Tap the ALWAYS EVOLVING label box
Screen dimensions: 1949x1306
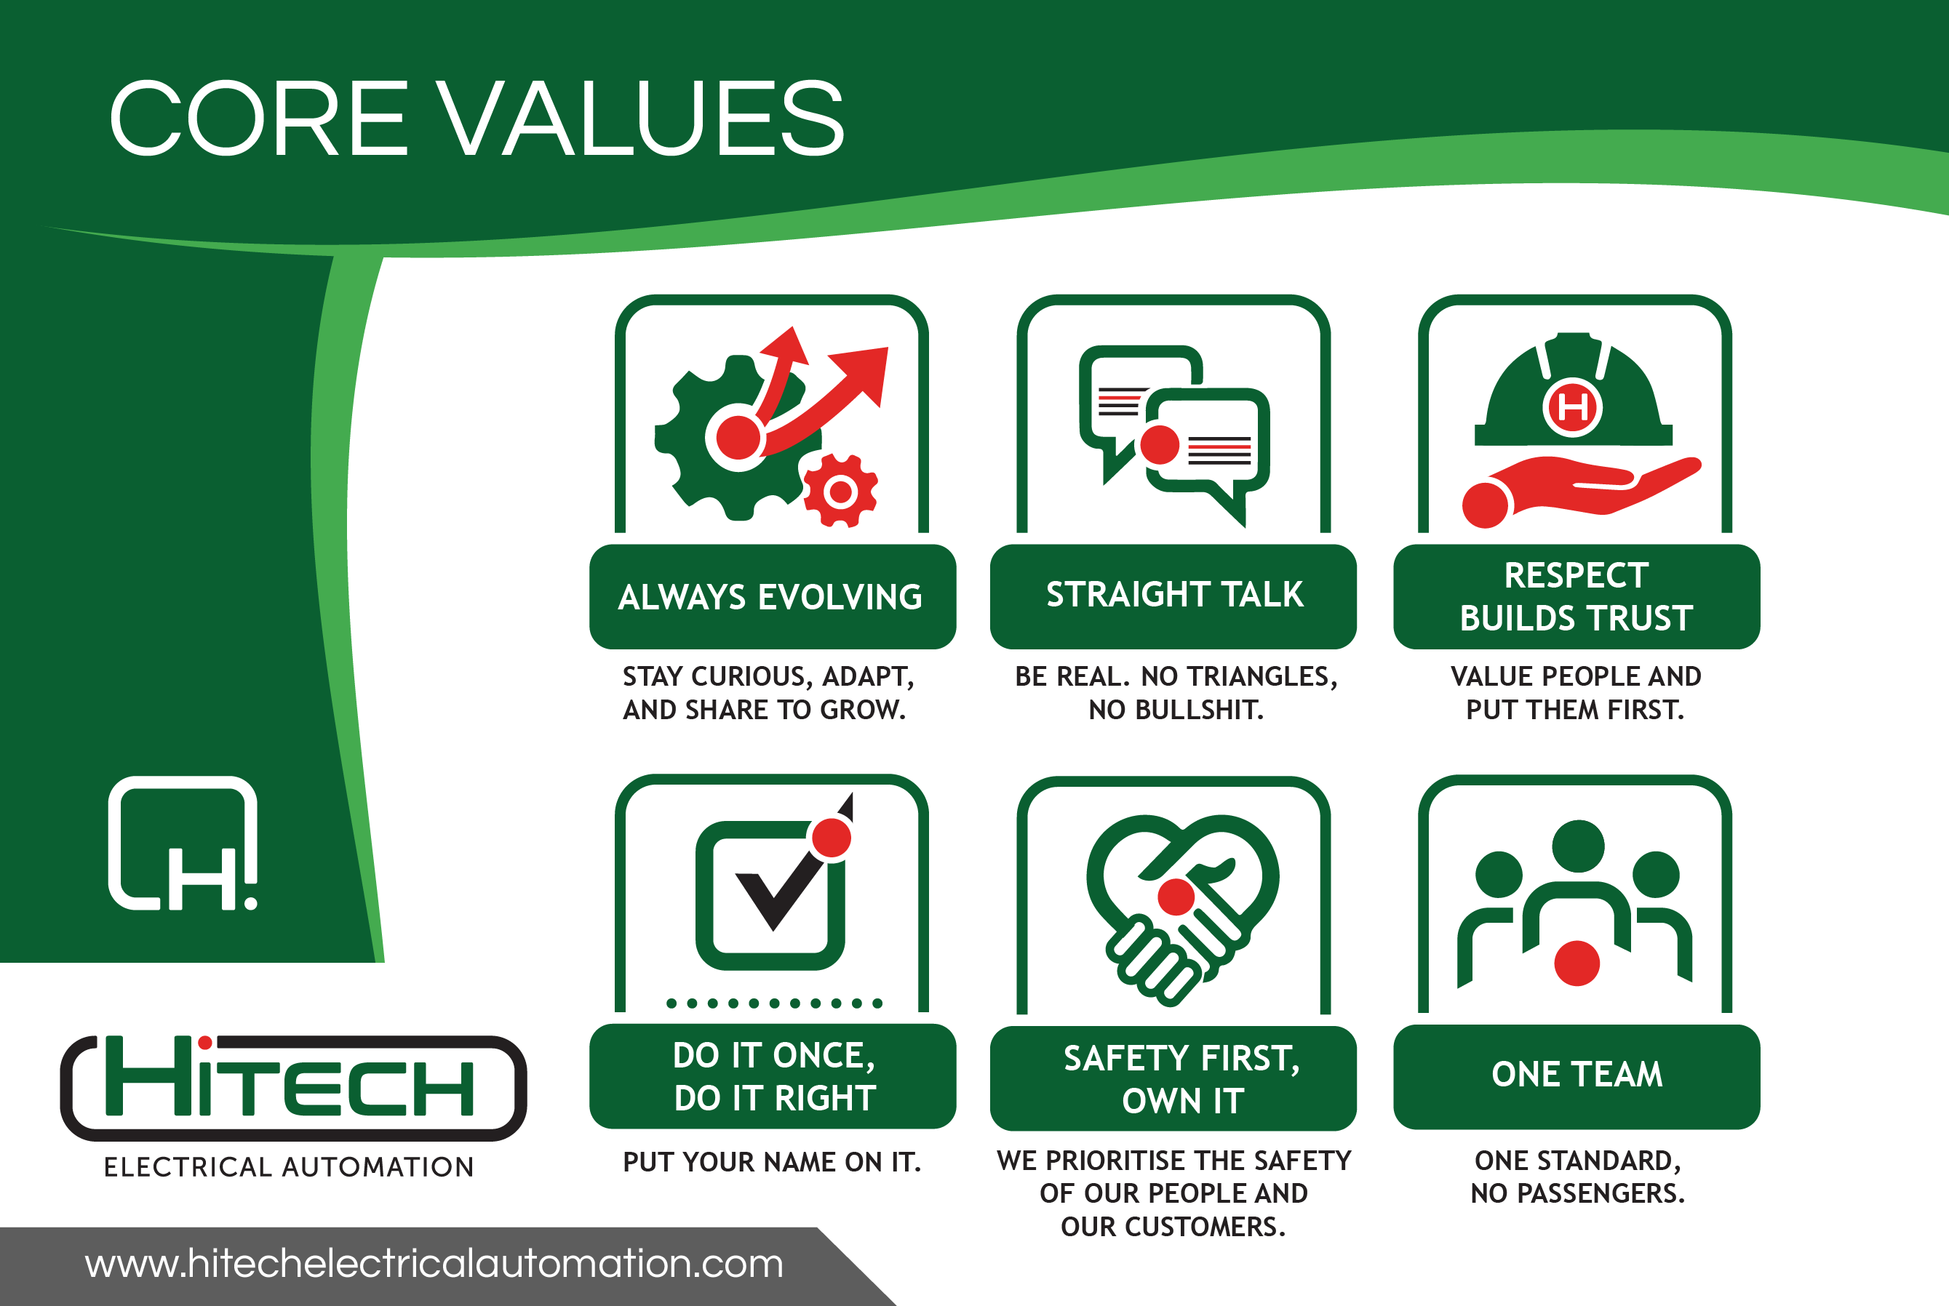(772, 596)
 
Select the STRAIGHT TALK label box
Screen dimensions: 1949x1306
(1173, 596)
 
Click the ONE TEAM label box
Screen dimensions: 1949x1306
(1577, 1076)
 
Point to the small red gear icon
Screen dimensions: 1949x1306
(841, 492)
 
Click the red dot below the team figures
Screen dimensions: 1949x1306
(1577, 963)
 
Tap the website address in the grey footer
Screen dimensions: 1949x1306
(434, 1265)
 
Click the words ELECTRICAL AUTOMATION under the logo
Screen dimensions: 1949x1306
(289, 1167)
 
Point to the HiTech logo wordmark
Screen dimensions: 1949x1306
(293, 1088)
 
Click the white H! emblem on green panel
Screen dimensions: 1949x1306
(183, 844)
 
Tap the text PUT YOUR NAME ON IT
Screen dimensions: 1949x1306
(772, 1162)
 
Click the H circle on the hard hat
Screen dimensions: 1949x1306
(1572, 407)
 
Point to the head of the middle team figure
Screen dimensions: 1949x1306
(1578, 846)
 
